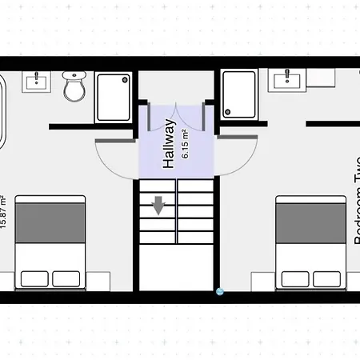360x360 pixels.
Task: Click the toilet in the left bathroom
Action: tap(74, 86)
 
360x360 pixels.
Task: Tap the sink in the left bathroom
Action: tap(34, 81)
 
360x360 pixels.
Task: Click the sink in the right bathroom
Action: tap(286, 79)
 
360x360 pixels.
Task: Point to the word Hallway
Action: tap(169, 144)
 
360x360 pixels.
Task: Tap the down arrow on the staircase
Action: tap(158, 206)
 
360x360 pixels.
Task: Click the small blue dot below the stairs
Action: tap(219, 291)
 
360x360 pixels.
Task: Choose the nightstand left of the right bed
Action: tap(262, 281)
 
